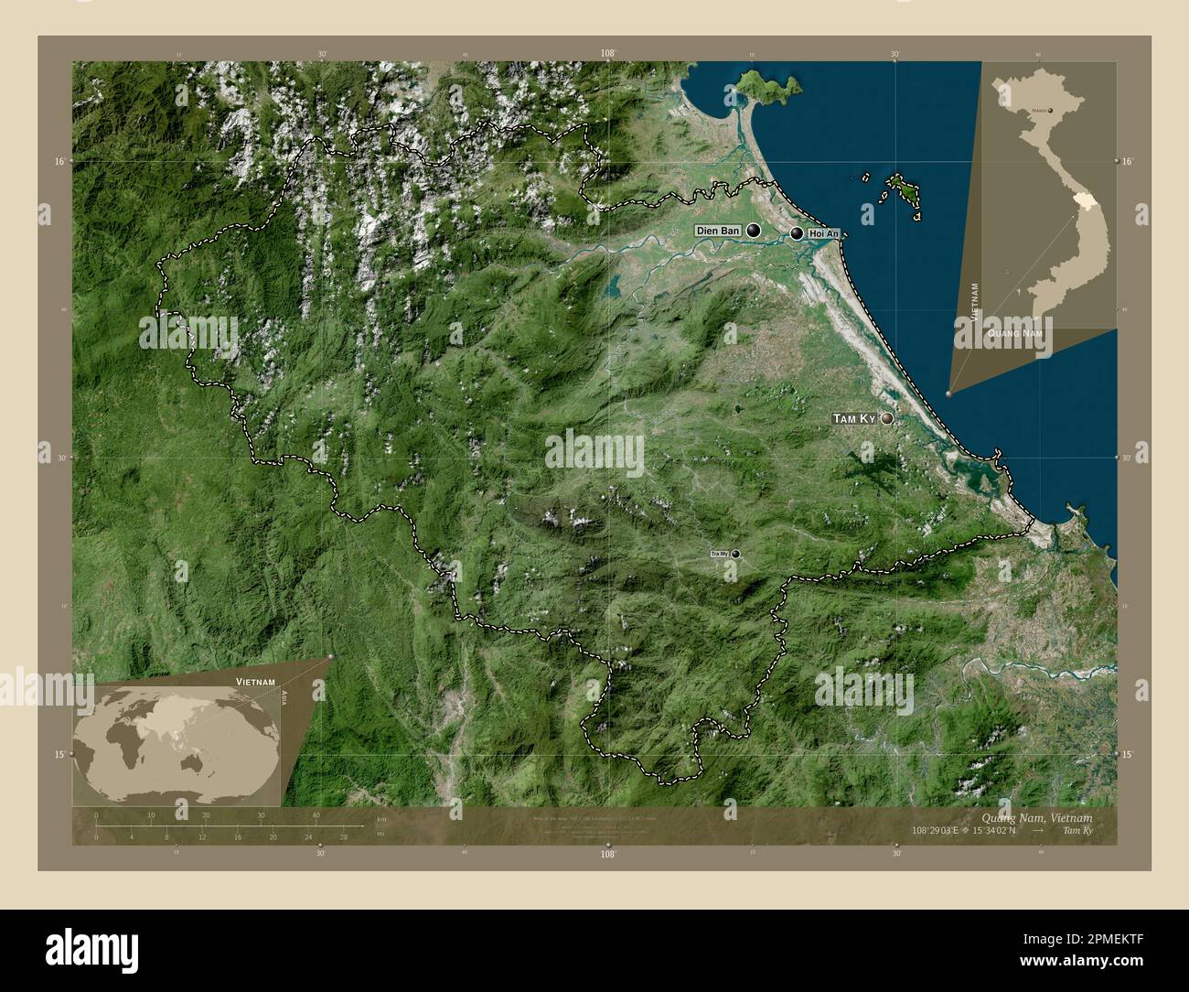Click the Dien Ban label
click(718, 231)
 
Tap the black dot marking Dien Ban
click(754, 231)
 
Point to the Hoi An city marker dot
click(798, 234)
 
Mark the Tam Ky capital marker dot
click(886, 418)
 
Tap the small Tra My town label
click(719, 554)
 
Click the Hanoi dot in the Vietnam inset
click(1050, 111)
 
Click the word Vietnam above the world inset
click(257, 683)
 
